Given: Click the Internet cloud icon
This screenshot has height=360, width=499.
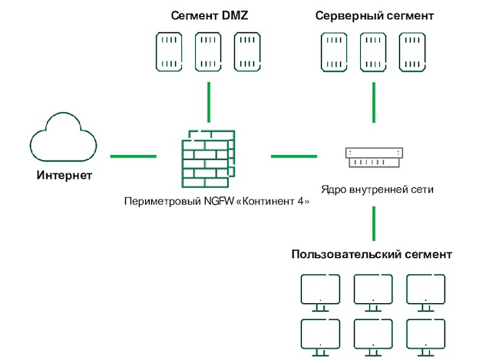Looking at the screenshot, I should (64, 137).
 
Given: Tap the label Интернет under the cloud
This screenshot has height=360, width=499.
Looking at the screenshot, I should (64, 176).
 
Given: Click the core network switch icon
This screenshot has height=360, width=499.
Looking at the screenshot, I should (373, 157).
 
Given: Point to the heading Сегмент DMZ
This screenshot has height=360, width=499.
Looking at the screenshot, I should (209, 15).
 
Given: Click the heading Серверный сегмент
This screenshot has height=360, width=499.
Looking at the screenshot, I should (374, 15).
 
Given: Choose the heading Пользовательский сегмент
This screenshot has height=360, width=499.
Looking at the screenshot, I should (372, 255).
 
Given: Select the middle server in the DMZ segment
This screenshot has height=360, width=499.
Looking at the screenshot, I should (209, 51).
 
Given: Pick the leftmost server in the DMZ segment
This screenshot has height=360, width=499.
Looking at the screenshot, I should (170, 51).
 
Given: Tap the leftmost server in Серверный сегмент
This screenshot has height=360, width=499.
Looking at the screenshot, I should (334, 51).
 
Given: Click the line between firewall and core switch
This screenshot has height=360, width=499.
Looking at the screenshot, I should (294, 157).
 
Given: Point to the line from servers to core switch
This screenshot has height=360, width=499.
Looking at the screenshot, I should (373, 101).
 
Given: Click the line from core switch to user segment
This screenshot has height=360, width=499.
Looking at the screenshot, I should (373, 223).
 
